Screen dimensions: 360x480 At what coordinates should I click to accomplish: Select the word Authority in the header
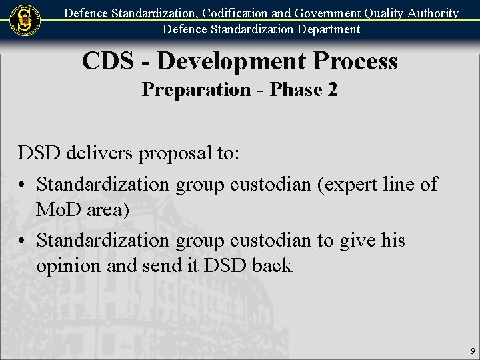click(428, 13)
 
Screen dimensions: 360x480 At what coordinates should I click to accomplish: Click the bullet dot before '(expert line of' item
click(23, 184)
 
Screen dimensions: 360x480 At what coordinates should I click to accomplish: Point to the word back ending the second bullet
click(272, 265)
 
